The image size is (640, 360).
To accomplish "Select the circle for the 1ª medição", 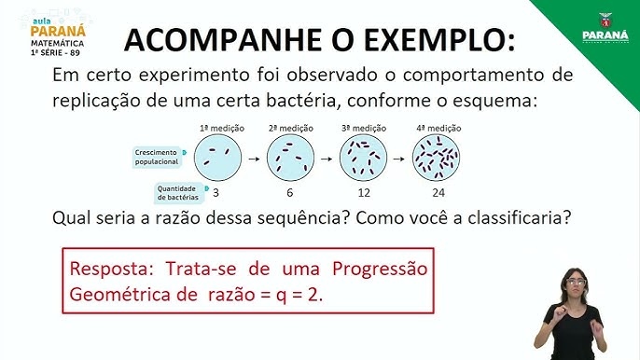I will click(x=216, y=156).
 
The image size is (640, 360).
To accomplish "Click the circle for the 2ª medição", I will click(x=290, y=156).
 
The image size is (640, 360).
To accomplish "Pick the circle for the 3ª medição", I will click(x=363, y=156).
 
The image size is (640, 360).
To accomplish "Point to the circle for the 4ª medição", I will click(x=438, y=156).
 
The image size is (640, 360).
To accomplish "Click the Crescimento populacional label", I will click(x=157, y=155).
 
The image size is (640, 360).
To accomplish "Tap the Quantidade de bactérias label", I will click(x=175, y=192).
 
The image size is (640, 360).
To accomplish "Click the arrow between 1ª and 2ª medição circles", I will click(x=253, y=157).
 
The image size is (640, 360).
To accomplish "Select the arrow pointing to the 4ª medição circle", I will click(x=400, y=157).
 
